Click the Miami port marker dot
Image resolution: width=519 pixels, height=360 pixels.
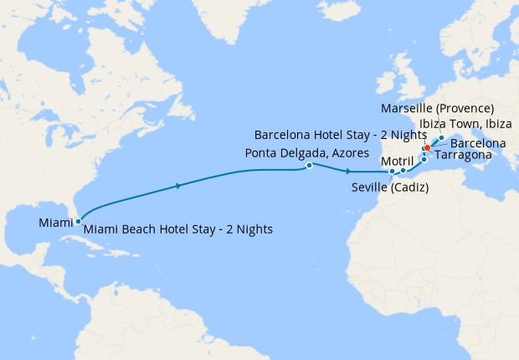(78, 222)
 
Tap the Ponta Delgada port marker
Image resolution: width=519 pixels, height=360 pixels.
(310, 166)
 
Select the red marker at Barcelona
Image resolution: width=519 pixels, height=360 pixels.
(427, 147)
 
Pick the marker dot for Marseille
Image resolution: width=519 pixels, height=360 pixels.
(441, 138)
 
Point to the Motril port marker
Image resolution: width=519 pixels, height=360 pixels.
(403, 171)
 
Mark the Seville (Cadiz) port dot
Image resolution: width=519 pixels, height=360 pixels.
(392, 172)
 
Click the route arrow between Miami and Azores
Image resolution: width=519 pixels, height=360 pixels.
(178, 186)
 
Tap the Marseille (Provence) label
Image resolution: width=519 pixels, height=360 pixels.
(437, 109)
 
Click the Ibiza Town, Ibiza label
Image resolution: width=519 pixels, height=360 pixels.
(465, 124)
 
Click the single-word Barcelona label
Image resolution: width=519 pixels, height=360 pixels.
(478, 144)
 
